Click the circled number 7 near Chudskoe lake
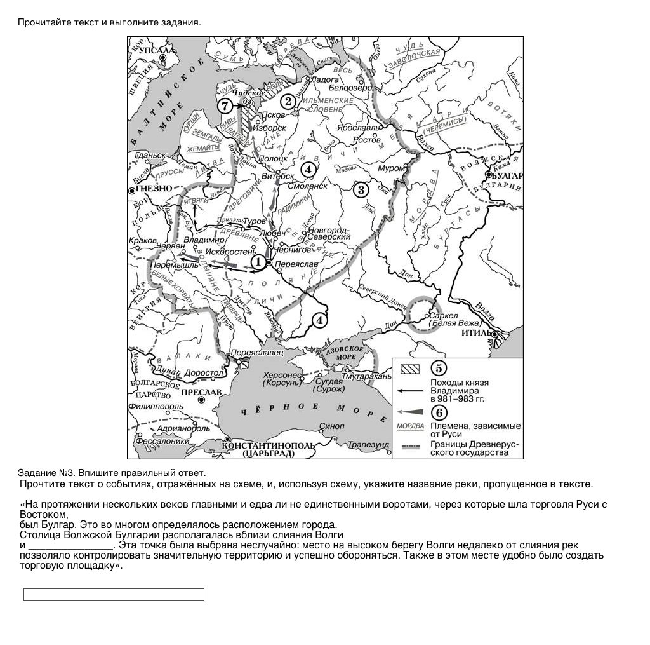tap(225, 107)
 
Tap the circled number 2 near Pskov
tap(288, 101)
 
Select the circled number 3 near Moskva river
tap(361, 189)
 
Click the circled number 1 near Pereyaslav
tap(257, 262)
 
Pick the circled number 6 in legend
tap(438, 412)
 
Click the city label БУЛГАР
tap(508, 175)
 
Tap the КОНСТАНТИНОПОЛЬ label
tap(269, 445)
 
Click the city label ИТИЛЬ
tap(475, 332)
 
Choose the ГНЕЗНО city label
tap(155, 189)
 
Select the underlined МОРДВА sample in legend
tap(410, 426)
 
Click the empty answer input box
tap(114, 594)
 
